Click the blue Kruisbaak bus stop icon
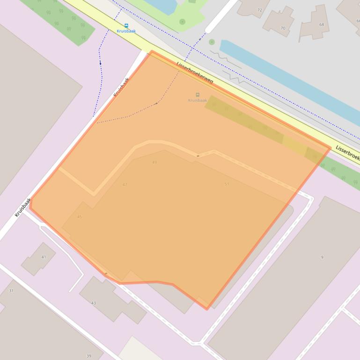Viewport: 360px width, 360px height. pyautogui.click(x=126, y=26)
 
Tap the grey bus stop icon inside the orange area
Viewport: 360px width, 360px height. pyautogui.click(x=198, y=95)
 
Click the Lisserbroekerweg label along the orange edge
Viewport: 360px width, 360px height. pyautogui.click(x=195, y=73)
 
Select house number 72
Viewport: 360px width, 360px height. pyautogui.click(x=260, y=10)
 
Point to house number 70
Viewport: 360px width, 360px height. pyautogui.click(x=282, y=28)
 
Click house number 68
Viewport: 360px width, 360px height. pyautogui.click(x=321, y=24)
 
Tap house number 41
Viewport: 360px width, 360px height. pyautogui.click(x=44, y=257)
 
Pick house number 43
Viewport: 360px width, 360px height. pyautogui.click(x=93, y=303)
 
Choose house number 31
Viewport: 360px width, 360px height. pyautogui.click(x=11, y=291)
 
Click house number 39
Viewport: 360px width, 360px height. pyautogui.click(x=88, y=356)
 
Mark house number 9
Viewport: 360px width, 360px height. pyautogui.click(x=322, y=257)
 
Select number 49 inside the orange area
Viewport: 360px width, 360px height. pyautogui.click(x=154, y=162)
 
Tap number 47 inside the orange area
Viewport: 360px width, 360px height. pyautogui.click(x=125, y=185)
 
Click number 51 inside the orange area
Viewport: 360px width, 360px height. pyautogui.click(x=227, y=184)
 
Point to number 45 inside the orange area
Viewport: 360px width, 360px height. pyautogui.click(x=79, y=216)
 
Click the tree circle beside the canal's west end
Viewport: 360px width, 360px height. pyautogui.click(x=212, y=42)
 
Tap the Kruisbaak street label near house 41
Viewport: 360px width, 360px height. pyautogui.click(x=22, y=207)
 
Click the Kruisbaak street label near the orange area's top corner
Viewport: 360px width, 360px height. pyautogui.click(x=121, y=87)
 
